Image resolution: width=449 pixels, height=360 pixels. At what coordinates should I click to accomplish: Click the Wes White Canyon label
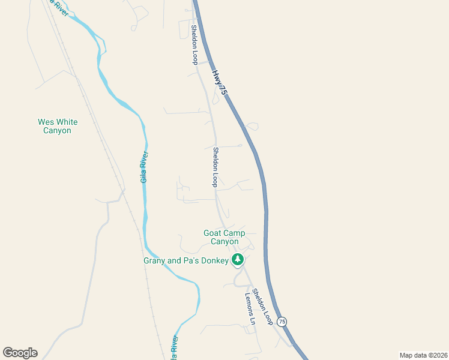58,126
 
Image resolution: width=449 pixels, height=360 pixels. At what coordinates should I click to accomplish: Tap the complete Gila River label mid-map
145,167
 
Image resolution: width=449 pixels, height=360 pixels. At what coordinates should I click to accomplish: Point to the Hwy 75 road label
219,82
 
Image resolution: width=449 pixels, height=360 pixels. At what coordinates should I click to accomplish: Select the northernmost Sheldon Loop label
194,44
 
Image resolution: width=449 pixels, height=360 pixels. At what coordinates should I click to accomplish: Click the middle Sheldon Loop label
215,167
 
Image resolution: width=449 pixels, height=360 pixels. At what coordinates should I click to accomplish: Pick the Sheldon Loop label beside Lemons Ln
262,307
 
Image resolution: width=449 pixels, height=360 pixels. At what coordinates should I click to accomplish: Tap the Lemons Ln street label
250,308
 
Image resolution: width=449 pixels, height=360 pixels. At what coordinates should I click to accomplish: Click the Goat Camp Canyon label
224,237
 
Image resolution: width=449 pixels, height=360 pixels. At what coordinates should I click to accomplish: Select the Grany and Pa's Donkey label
186,260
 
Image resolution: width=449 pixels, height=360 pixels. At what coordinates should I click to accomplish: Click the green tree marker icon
238,260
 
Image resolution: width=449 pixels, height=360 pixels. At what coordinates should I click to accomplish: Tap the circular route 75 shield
282,322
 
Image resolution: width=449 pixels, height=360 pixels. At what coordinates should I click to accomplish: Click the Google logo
20,353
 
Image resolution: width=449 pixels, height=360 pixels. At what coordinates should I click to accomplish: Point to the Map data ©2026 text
423,355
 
